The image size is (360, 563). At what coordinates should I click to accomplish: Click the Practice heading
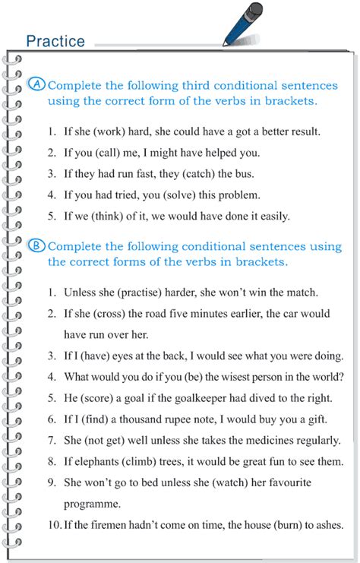point(55,40)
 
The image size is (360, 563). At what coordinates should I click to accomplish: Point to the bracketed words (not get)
point(113,440)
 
